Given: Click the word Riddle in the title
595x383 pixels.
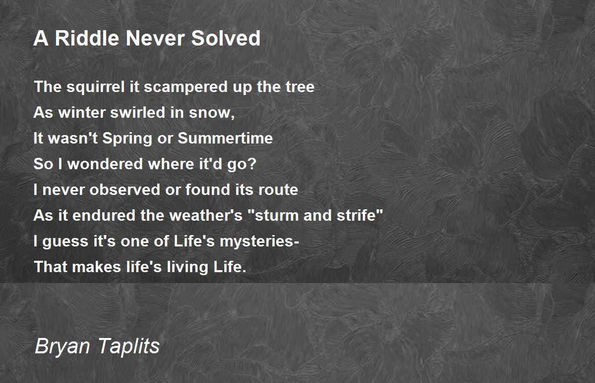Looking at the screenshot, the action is point(87,38).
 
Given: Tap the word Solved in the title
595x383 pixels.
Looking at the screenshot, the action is point(226,38).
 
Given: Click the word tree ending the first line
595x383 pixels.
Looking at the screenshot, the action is point(300,87).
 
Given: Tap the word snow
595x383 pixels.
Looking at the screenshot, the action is point(211,113).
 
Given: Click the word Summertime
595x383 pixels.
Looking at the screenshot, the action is point(225,138).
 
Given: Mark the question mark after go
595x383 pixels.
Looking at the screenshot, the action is point(252,163).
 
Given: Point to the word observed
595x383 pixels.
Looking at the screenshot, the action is point(125,190).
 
